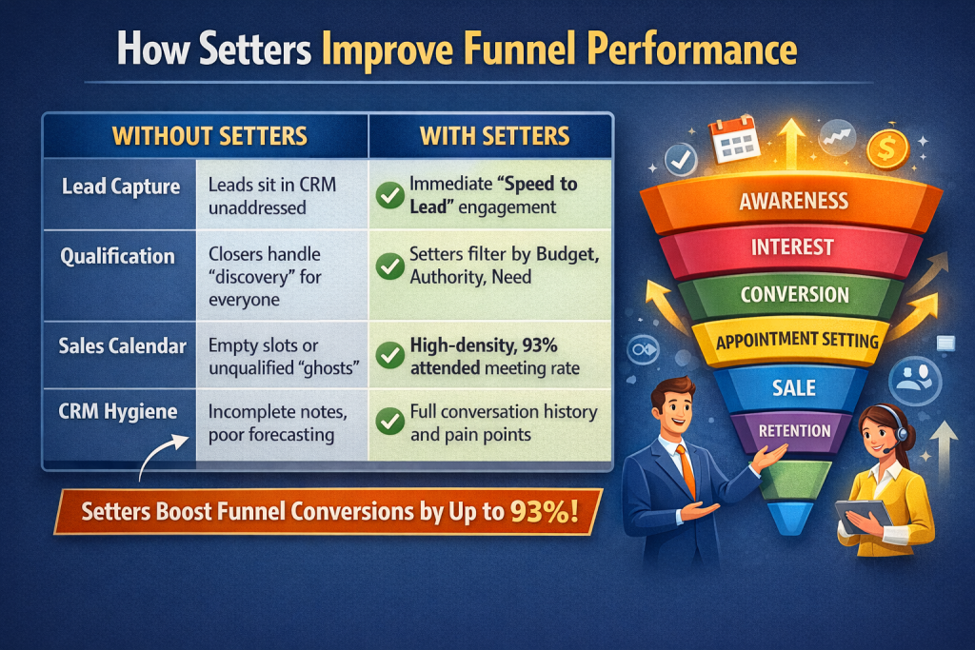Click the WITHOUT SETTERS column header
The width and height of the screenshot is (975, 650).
click(209, 136)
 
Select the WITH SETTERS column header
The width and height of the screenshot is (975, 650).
click(495, 136)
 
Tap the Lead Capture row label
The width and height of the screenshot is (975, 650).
click(121, 187)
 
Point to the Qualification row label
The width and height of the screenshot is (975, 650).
click(119, 257)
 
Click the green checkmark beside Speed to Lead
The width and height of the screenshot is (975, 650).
click(388, 196)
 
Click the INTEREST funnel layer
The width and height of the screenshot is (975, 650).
click(793, 247)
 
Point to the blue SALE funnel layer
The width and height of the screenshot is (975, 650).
click(794, 387)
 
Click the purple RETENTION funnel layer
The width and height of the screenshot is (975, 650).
click(794, 431)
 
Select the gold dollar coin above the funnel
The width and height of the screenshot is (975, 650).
click(887, 149)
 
